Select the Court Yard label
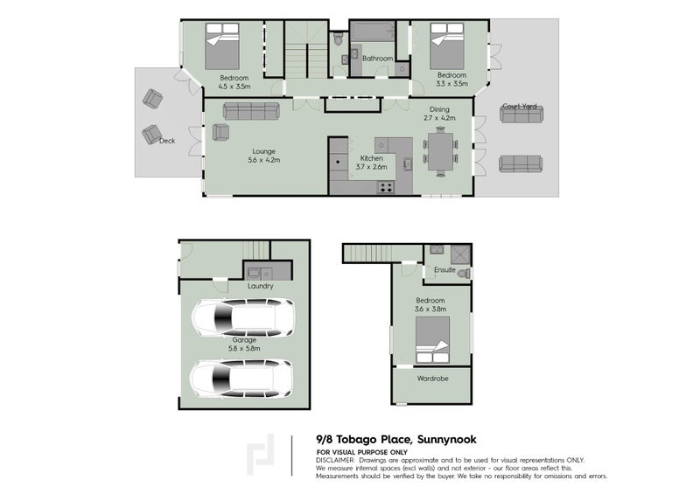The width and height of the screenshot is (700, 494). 519,107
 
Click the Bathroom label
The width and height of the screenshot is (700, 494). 378,59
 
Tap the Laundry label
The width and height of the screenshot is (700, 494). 260,286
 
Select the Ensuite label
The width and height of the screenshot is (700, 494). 444,271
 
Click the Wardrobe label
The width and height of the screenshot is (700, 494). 433,379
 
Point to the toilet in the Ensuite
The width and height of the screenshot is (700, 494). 463,274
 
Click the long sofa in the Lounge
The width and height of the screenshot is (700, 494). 250,110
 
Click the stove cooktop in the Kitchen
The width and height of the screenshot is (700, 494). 385,186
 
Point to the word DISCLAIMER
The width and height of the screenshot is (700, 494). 336,459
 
